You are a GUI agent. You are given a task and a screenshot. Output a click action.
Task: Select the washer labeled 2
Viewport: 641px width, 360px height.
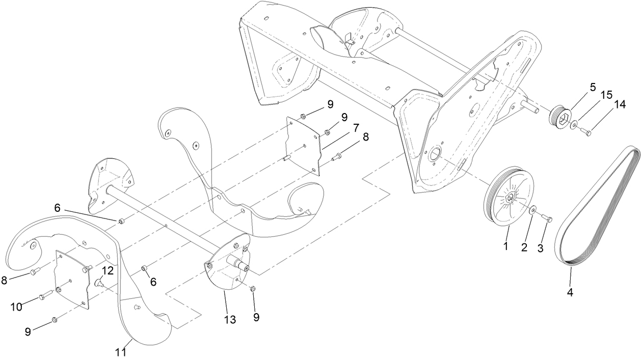click(532, 210)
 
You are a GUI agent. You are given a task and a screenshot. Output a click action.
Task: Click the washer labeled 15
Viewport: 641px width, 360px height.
click(574, 124)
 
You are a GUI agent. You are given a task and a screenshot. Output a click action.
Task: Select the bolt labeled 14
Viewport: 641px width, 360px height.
click(585, 132)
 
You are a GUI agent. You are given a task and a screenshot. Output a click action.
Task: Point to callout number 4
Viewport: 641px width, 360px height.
click(570, 293)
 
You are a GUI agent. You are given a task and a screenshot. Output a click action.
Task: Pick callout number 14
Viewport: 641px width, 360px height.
click(619, 104)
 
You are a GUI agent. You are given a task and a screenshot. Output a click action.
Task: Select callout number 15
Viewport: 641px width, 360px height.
click(605, 95)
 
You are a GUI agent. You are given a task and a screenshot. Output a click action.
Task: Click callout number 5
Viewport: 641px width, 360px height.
click(593, 87)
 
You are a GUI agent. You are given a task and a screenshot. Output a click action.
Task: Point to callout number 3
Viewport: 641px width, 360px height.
click(541, 249)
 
